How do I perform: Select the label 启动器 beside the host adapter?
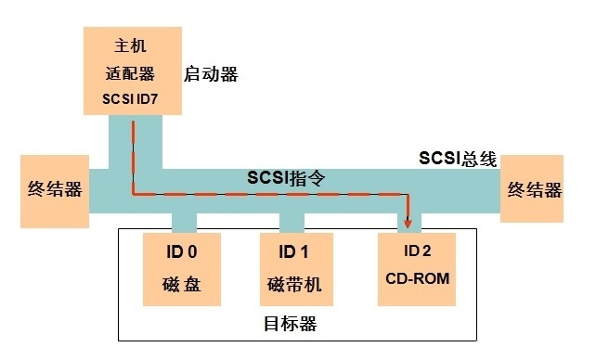tap(213, 71)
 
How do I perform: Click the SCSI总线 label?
tap(458, 159)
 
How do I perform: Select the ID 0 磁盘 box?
tap(180, 269)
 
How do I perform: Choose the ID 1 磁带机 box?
tap(292, 269)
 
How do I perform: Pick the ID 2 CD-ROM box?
tap(418, 268)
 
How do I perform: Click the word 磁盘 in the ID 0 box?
tap(180, 285)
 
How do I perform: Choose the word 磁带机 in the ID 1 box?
tap(292, 285)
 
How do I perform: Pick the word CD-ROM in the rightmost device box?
tap(418, 285)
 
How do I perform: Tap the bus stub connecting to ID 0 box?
tap(184, 222)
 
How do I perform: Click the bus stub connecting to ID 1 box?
tap(292, 222)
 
